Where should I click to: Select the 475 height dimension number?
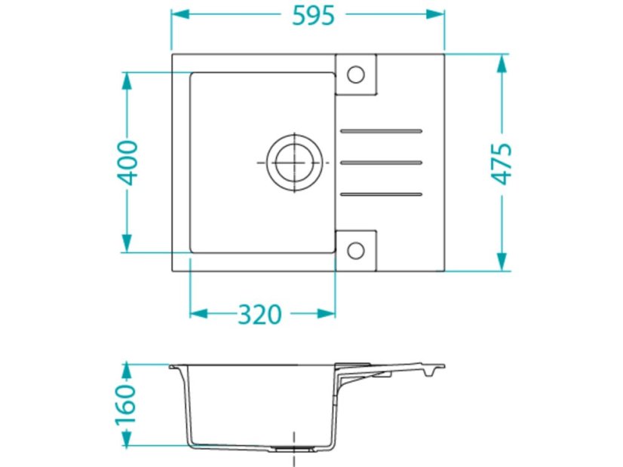click(x=502, y=163)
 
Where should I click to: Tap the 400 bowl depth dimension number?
click(x=127, y=162)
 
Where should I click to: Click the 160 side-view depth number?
click(x=126, y=405)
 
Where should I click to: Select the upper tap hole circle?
click(x=355, y=74)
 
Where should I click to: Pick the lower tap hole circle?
click(x=355, y=250)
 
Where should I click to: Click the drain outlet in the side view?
click(x=293, y=447)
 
